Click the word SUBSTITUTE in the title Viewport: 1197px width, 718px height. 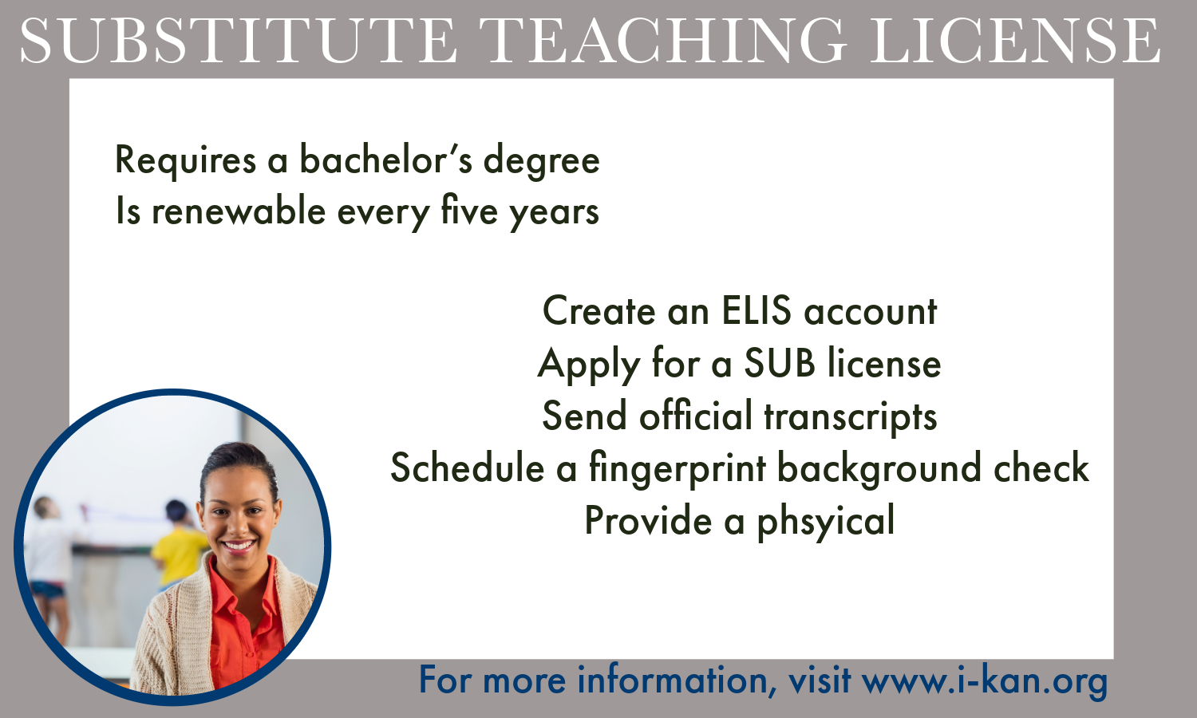pyautogui.click(x=239, y=41)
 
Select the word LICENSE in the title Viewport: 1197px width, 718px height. pyautogui.click(x=1015, y=41)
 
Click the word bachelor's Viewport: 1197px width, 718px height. pyautogui.click(x=385, y=160)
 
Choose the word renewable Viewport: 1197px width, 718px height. pyautogui.click(x=239, y=211)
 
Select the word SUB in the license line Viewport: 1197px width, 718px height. pyautogui.click(x=780, y=363)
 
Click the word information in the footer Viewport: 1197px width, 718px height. pyautogui.click(x=677, y=680)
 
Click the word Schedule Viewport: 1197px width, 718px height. pyautogui.click(x=468, y=467)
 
